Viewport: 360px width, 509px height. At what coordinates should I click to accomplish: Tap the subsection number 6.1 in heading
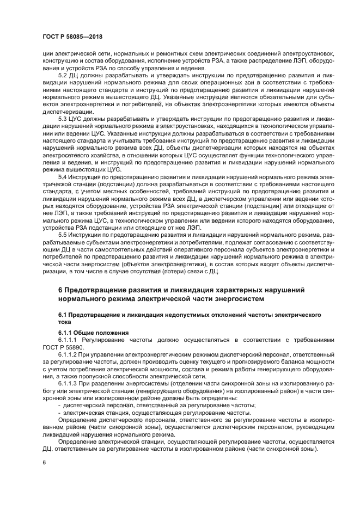tap(63, 315)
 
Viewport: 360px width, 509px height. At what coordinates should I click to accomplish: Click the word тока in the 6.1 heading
tap(65, 322)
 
